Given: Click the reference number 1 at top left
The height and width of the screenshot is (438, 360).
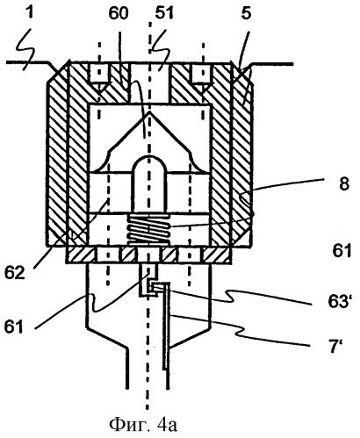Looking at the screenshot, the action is [30, 13].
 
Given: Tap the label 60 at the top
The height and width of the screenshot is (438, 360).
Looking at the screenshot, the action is [119, 13].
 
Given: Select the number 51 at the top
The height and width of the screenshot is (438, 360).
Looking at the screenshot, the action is [163, 13].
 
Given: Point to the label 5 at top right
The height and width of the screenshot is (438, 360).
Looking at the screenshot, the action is [246, 13].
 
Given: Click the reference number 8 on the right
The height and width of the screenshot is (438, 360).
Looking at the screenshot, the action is [345, 184].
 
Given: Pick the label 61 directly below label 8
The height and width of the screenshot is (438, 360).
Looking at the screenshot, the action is [342, 251].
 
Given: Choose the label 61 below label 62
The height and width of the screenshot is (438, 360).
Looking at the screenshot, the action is [14, 327].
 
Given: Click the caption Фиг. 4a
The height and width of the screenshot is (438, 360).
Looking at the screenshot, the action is [143, 425].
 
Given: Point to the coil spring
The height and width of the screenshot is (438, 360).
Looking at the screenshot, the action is [148, 229].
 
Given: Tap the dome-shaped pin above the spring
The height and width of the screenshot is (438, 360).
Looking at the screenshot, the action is [149, 183].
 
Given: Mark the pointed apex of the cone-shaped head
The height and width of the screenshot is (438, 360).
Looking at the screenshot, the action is [149, 111].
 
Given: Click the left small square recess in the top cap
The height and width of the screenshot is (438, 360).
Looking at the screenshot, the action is [100, 74].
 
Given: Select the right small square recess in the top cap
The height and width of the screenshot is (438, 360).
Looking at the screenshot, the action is [203, 74].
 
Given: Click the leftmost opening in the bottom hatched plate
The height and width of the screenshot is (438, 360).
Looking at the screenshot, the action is [108, 254].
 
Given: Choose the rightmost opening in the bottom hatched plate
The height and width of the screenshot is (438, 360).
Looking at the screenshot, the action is [191, 254].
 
